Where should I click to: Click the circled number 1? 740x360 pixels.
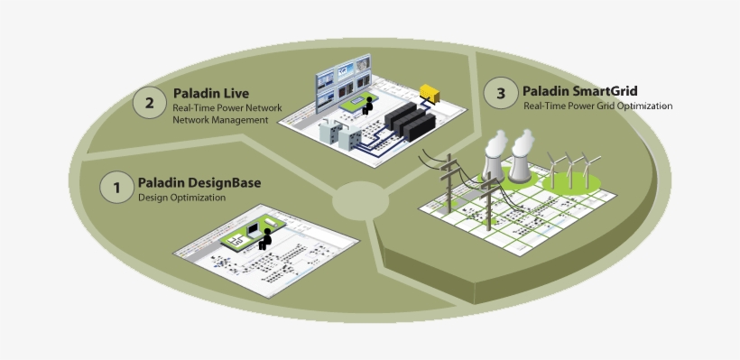[x=116, y=189]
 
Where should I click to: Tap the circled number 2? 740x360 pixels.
[x=150, y=101]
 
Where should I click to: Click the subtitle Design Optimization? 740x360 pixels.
[x=181, y=198]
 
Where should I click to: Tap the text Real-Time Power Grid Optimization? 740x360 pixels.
[x=597, y=106]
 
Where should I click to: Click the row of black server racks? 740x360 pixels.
[x=412, y=120]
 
